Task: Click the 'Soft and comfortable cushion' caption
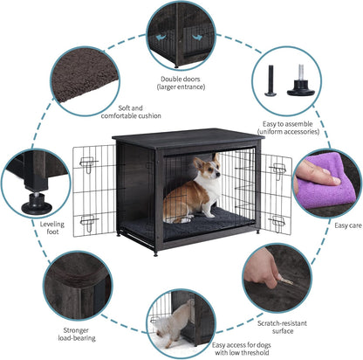131,111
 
